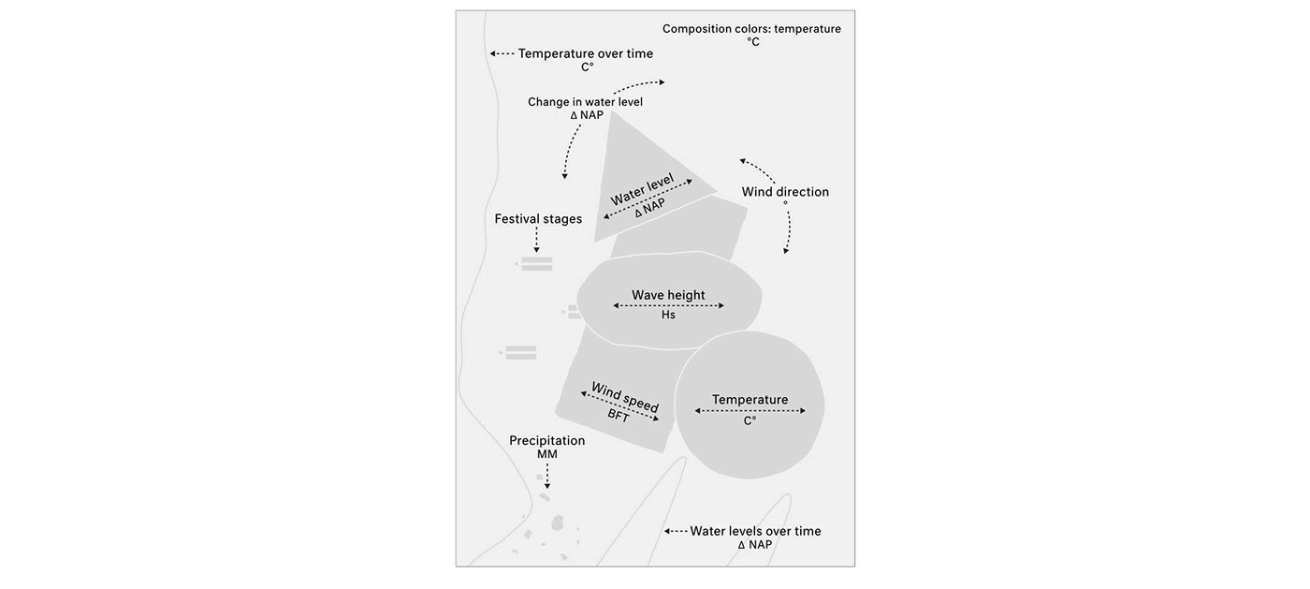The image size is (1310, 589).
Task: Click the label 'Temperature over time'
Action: click(586, 53)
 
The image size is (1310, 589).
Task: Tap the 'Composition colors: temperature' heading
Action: click(751, 29)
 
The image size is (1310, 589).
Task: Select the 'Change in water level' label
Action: click(585, 102)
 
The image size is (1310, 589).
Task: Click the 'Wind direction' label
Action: click(785, 192)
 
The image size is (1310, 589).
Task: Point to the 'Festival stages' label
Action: click(538, 219)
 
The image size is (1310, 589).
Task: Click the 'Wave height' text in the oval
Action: click(668, 295)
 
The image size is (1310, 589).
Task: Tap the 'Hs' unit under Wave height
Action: click(668, 316)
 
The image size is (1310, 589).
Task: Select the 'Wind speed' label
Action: click(625, 397)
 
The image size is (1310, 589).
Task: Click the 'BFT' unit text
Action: click(619, 415)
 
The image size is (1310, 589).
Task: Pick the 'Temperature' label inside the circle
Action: click(750, 400)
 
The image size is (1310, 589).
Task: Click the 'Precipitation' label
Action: click(546, 440)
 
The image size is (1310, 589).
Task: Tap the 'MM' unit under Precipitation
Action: click(546, 455)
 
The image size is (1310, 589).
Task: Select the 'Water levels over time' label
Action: click(755, 531)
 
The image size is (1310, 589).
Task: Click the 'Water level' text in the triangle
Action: click(642, 190)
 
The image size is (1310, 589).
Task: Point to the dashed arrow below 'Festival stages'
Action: click(536, 241)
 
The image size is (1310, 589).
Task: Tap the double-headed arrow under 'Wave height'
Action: click(668, 305)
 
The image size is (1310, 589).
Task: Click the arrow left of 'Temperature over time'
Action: click(502, 54)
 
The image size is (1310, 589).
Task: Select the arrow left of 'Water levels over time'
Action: click(676, 531)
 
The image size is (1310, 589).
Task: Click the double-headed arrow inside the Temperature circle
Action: click(750, 410)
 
